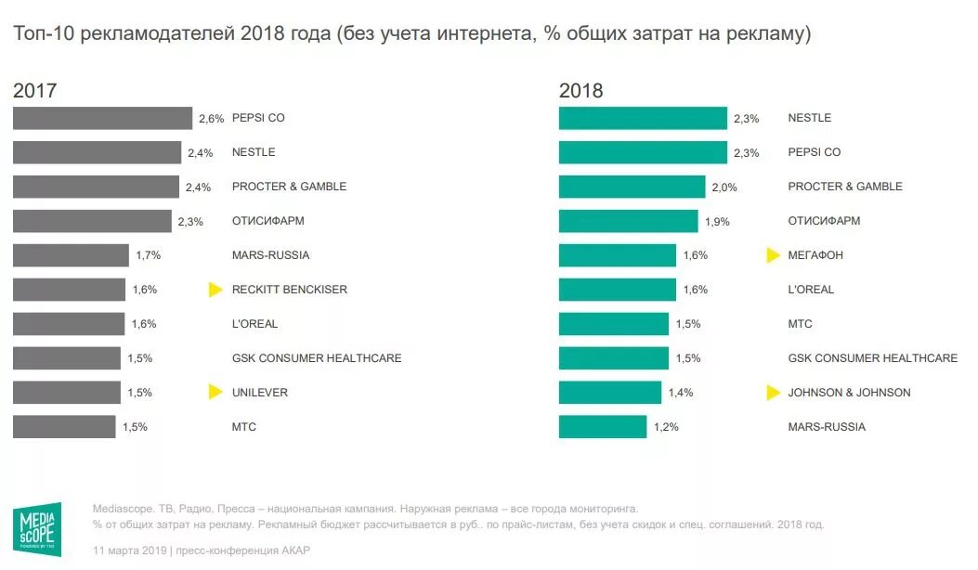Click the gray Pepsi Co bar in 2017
[x=102, y=118]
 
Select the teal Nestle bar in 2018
[x=643, y=118]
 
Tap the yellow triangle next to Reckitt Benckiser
[x=215, y=290]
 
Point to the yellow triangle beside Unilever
[x=215, y=392]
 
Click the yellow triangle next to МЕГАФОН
[x=773, y=255]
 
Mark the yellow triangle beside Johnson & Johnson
[x=773, y=392]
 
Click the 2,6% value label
[x=212, y=119]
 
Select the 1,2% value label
[x=666, y=427]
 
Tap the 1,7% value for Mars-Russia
[x=148, y=255]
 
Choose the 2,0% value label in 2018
[x=724, y=187]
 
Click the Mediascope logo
[x=38, y=530]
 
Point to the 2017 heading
[x=35, y=91]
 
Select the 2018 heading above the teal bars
[x=580, y=91]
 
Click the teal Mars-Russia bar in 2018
[x=602, y=427]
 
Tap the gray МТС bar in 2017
[x=64, y=427]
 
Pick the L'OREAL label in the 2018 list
[x=811, y=290]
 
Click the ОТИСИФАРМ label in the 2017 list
[x=268, y=221]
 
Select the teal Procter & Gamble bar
[x=632, y=187]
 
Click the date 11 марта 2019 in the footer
[x=128, y=551]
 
